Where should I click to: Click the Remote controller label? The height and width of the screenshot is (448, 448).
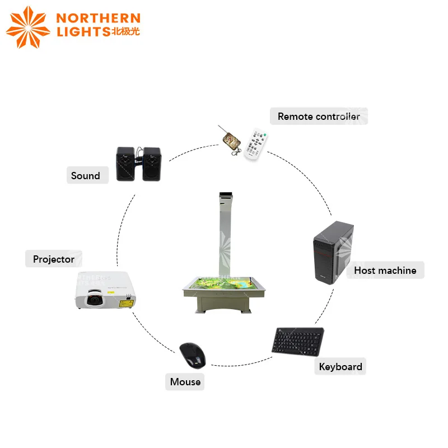pyautogui.click(x=319, y=116)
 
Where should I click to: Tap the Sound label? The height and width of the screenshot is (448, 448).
pyautogui.click(x=85, y=176)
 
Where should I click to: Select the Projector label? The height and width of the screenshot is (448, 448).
pyautogui.click(x=54, y=259)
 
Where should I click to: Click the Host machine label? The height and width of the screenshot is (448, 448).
pyautogui.click(x=385, y=270)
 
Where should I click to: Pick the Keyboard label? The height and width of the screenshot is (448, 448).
pyautogui.click(x=340, y=367)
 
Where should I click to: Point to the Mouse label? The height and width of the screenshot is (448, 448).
pyautogui.click(x=185, y=382)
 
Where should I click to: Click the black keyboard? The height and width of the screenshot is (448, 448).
pyautogui.click(x=297, y=340)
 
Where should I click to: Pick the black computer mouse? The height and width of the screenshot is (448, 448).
pyautogui.click(x=193, y=354)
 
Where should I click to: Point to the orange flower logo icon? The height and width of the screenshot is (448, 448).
pyautogui.click(x=27, y=26)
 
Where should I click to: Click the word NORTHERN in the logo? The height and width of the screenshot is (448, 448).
pyautogui.click(x=98, y=19)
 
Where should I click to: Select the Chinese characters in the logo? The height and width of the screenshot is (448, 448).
pyautogui.click(x=126, y=31)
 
